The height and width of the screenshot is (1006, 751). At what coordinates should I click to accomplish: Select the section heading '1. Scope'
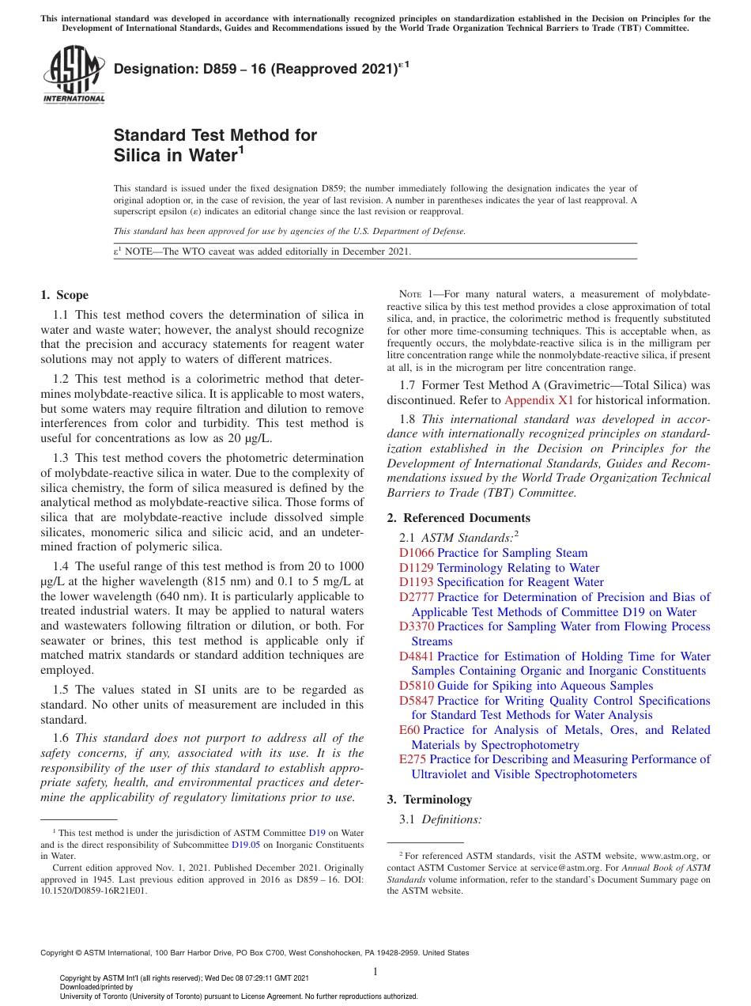pos(65,295)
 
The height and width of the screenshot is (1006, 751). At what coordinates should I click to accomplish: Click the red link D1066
pos(417,553)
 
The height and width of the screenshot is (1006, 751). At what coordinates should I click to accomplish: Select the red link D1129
pos(417,568)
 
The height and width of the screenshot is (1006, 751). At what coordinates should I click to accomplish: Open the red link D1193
pos(417,582)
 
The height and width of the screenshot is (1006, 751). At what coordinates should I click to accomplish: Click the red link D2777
pos(417,597)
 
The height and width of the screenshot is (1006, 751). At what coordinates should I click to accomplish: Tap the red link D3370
pos(417,626)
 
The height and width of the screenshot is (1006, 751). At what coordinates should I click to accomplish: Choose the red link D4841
pos(417,656)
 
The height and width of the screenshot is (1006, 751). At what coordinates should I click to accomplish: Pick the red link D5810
pos(417,686)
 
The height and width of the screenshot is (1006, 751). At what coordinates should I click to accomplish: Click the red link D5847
pos(417,701)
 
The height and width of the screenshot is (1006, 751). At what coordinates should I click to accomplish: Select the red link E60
pos(409,730)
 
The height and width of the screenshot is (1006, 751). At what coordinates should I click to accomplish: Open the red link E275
pos(413,759)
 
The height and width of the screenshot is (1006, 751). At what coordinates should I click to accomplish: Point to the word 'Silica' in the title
pos(138,155)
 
